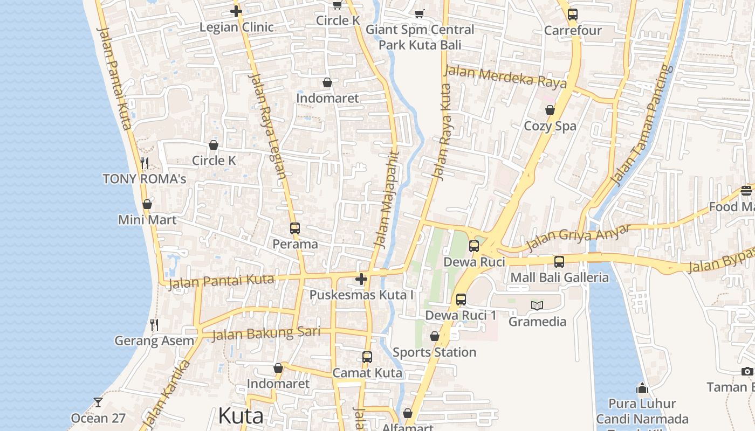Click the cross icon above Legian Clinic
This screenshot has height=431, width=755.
coord(236,11)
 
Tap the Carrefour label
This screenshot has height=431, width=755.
coord(573,31)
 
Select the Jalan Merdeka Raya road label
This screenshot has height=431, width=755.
coord(505,77)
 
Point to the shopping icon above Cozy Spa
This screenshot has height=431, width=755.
coord(550,110)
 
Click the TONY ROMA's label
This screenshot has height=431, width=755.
coord(145,179)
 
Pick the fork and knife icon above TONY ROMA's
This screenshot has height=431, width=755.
coord(145,162)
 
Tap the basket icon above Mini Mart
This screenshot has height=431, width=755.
coord(147,205)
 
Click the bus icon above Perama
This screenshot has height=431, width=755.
coord(294,228)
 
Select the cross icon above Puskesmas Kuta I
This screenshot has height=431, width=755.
coord(361,279)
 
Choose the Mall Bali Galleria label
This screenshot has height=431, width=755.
coord(559,278)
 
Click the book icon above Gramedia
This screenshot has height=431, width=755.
coord(537,305)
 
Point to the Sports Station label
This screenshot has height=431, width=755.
coord(434,352)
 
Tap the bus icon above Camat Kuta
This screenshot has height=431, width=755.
coord(367,357)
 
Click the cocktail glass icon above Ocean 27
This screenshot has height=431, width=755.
coord(98,402)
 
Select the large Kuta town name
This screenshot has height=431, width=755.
coord(241,416)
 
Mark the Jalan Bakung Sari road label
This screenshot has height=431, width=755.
coord(266,333)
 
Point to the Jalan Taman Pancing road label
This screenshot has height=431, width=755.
coord(642,124)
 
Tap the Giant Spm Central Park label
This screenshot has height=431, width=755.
coord(420,37)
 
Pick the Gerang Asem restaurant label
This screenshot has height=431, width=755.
coord(154,341)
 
